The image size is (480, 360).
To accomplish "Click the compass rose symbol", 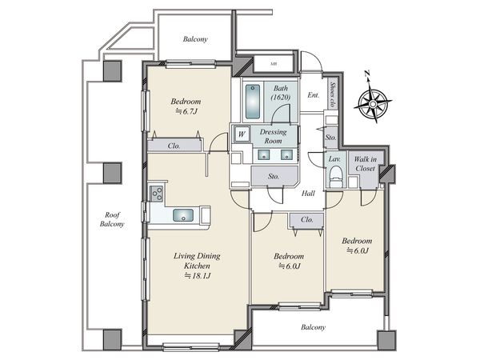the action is pos(373,104).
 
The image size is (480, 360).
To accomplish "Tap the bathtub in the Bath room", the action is pos(253,102).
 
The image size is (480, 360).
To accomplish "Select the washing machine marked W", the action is pos(242,134).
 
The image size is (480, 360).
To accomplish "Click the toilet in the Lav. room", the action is pos(335,177).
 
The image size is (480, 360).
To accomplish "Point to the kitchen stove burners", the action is pos(156,194).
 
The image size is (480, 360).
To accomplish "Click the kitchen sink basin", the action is pos(183,215).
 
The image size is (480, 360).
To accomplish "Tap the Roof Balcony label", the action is pos(112,219).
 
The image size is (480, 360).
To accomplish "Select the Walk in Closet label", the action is pos(366,164).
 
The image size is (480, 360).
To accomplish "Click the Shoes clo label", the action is pos(333,94).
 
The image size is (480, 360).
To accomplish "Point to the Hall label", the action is pos(308,193).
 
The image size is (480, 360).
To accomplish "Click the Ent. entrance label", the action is pos(313,95).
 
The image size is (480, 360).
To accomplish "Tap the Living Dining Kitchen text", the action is pos(197,261).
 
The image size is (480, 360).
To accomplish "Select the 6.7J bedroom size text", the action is pos(186,111).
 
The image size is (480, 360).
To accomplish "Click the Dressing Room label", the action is pos(273,136).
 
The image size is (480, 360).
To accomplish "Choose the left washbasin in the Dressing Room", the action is pos(263,155).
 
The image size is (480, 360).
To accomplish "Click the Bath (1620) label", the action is pos(281,93).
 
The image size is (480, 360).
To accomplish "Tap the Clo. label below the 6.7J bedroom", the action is pos(174,146).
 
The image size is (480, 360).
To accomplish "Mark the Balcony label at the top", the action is pos(195,39).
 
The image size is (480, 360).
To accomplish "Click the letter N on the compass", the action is pos(367,73).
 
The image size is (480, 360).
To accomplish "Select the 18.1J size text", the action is pos(198,276).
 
